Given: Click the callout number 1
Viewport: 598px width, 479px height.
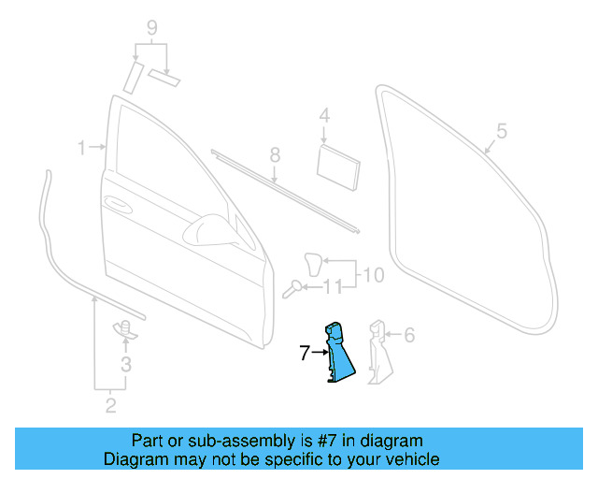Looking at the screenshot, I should click(x=82, y=148).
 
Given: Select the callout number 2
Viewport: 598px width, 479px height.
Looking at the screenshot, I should click(x=110, y=405).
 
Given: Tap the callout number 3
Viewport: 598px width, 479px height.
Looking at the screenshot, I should click(x=126, y=364).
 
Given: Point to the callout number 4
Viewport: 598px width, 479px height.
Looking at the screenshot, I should click(x=324, y=116).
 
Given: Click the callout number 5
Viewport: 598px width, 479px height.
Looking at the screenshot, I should click(x=501, y=132).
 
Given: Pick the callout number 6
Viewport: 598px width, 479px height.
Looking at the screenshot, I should click(x=409, y=334).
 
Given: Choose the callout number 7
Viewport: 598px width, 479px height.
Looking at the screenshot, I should click(x=304, y=353).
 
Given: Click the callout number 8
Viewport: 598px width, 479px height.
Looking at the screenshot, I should click(x=275, y=153).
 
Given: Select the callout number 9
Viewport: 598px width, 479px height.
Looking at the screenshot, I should click(x=152, y=28).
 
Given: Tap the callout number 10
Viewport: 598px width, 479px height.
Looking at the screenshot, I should click(x=373, y=275).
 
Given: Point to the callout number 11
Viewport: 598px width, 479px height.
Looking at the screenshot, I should click(x=332, y=287).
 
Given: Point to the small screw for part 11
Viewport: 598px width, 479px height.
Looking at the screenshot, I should click(x=294, y=287).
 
